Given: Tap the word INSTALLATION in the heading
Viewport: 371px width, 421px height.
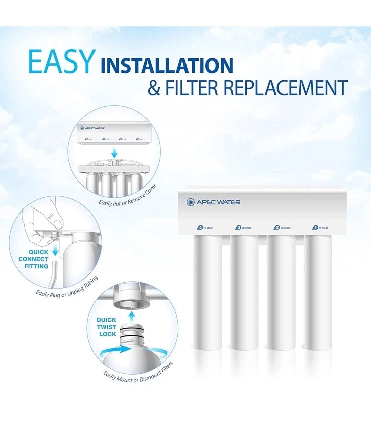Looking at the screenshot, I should click(166, 65).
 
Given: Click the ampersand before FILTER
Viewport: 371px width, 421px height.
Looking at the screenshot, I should click(155, 87).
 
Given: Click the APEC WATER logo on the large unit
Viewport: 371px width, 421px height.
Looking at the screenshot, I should click(213, 202).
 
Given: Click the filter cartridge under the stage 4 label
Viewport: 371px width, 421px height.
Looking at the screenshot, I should click(207, 291).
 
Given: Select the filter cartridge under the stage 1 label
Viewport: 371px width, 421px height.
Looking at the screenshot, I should click(318, 291).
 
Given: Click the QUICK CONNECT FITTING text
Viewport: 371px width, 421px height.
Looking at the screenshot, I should click(34, 259).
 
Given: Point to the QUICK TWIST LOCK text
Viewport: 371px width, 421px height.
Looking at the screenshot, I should click(107, 327).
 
